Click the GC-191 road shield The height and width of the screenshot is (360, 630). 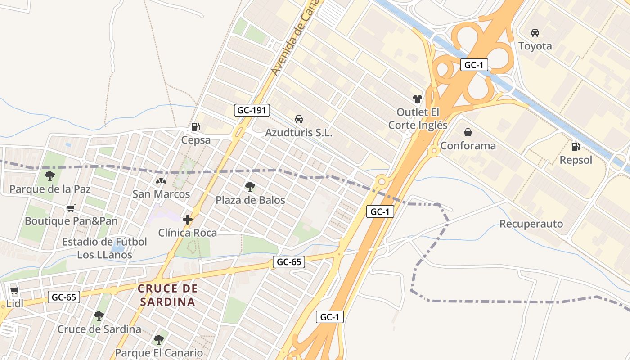tap(252, 110)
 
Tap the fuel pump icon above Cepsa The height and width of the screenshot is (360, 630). tap(195, 127)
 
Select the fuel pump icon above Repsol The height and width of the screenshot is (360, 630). tap(576, 146)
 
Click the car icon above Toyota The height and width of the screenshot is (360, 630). tap(535, 33)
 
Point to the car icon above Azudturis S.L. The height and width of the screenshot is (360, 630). tap(298, 119)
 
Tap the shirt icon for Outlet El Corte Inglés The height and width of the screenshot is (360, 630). tap(417, 99)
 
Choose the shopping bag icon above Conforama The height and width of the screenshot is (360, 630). tap(468, 132)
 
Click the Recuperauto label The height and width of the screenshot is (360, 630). tap(531, 224)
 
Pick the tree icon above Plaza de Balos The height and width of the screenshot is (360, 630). tap(250, 186)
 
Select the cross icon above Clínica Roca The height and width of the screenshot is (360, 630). tap(188, 220)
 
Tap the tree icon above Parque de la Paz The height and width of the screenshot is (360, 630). tap(50, 176)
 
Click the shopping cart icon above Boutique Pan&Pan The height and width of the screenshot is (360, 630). tap(71, 208)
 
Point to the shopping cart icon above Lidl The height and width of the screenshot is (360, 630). tap(14, 291)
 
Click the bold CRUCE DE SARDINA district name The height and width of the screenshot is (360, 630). tap(167, 295)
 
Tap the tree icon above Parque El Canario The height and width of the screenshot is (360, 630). tap(158, 339)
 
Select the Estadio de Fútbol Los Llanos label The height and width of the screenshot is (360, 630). tap(104, 248)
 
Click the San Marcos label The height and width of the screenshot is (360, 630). tap(161, 194)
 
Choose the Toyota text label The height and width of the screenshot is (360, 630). tap(535, 46)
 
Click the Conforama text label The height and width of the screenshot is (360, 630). tap(468, 146)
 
